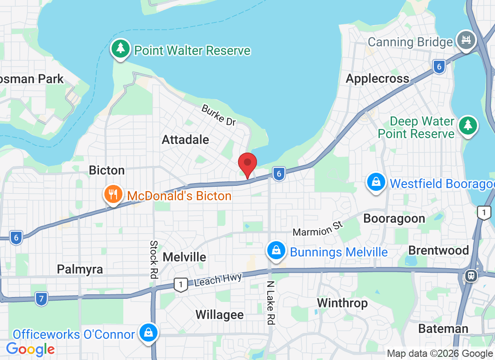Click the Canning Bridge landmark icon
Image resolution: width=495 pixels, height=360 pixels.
[x=466, y=40]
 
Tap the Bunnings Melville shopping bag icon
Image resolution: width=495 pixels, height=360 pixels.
[x=276, y=251]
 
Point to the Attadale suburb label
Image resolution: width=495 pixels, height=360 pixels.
[x=185, y=139]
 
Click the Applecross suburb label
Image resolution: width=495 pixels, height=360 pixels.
[x=378, y=79]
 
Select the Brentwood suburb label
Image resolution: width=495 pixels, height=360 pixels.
[x=438, y=250]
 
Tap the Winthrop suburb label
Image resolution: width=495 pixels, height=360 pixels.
[x=342, y=303]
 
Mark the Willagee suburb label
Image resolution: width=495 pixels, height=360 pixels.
[x=220, y=315]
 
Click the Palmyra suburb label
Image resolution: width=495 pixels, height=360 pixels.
[x=80, y=269]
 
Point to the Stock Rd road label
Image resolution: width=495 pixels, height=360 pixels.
[x=153, y=259]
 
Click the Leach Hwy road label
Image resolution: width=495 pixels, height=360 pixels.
[x=218, y=279]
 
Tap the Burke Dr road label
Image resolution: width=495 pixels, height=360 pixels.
[x=219, y=115]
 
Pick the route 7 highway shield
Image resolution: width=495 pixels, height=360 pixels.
[x=41, y=298]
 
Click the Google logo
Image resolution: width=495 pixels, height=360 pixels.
[x=31, y=349]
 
